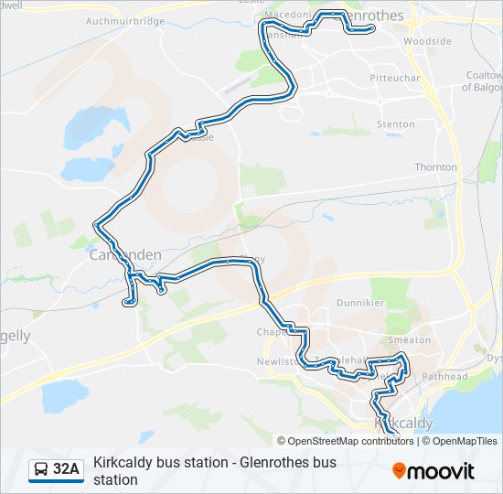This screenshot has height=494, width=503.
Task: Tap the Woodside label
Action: click(428, 41)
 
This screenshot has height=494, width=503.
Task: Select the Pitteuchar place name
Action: click(393, 79)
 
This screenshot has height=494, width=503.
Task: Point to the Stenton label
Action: click(395, 123)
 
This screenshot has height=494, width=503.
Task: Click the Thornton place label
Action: click(435, 167)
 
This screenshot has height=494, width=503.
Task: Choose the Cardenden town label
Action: click(125, 255)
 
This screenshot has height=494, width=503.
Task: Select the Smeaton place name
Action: click(409, 339)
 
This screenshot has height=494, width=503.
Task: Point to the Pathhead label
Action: click(445, 376)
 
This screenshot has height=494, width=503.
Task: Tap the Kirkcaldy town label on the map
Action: click(403, 424)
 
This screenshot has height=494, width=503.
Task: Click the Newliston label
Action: click(279, 361)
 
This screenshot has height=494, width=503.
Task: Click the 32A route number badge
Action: click(67, 469)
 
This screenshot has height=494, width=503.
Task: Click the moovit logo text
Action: click(443, 471)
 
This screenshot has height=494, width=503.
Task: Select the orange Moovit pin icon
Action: click(399, 471)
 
